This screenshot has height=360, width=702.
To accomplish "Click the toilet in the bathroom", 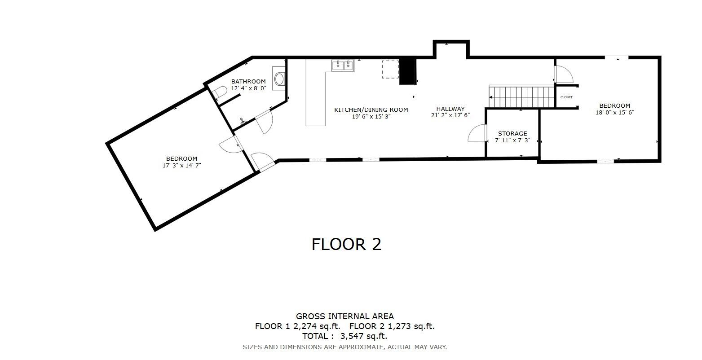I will coord(220,93).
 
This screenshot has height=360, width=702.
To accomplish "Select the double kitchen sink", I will coord(343,66).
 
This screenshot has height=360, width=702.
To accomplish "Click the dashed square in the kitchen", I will coord(390,69).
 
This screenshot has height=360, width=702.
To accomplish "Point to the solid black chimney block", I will coord(408,72).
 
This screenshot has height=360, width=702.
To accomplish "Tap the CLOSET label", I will coord(566,97).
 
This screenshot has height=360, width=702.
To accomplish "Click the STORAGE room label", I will coord(512,133).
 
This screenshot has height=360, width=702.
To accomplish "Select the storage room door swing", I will coord(477,134).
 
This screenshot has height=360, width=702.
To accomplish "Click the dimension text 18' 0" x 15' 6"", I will coord(614,113).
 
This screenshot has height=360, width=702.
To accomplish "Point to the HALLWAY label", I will coord(450,109).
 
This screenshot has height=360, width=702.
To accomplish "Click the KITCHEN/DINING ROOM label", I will coord(371,110).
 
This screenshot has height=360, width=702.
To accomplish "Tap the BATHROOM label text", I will coord(248,81).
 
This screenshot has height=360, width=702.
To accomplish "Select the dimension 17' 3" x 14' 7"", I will coord(181,165).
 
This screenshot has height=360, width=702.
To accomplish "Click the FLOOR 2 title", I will coord(346,244).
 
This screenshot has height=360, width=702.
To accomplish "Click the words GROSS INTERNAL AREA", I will coord(344,316).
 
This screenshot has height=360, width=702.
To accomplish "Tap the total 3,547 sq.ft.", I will coord(364,336).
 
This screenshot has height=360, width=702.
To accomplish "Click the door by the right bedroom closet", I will coord(563,75).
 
